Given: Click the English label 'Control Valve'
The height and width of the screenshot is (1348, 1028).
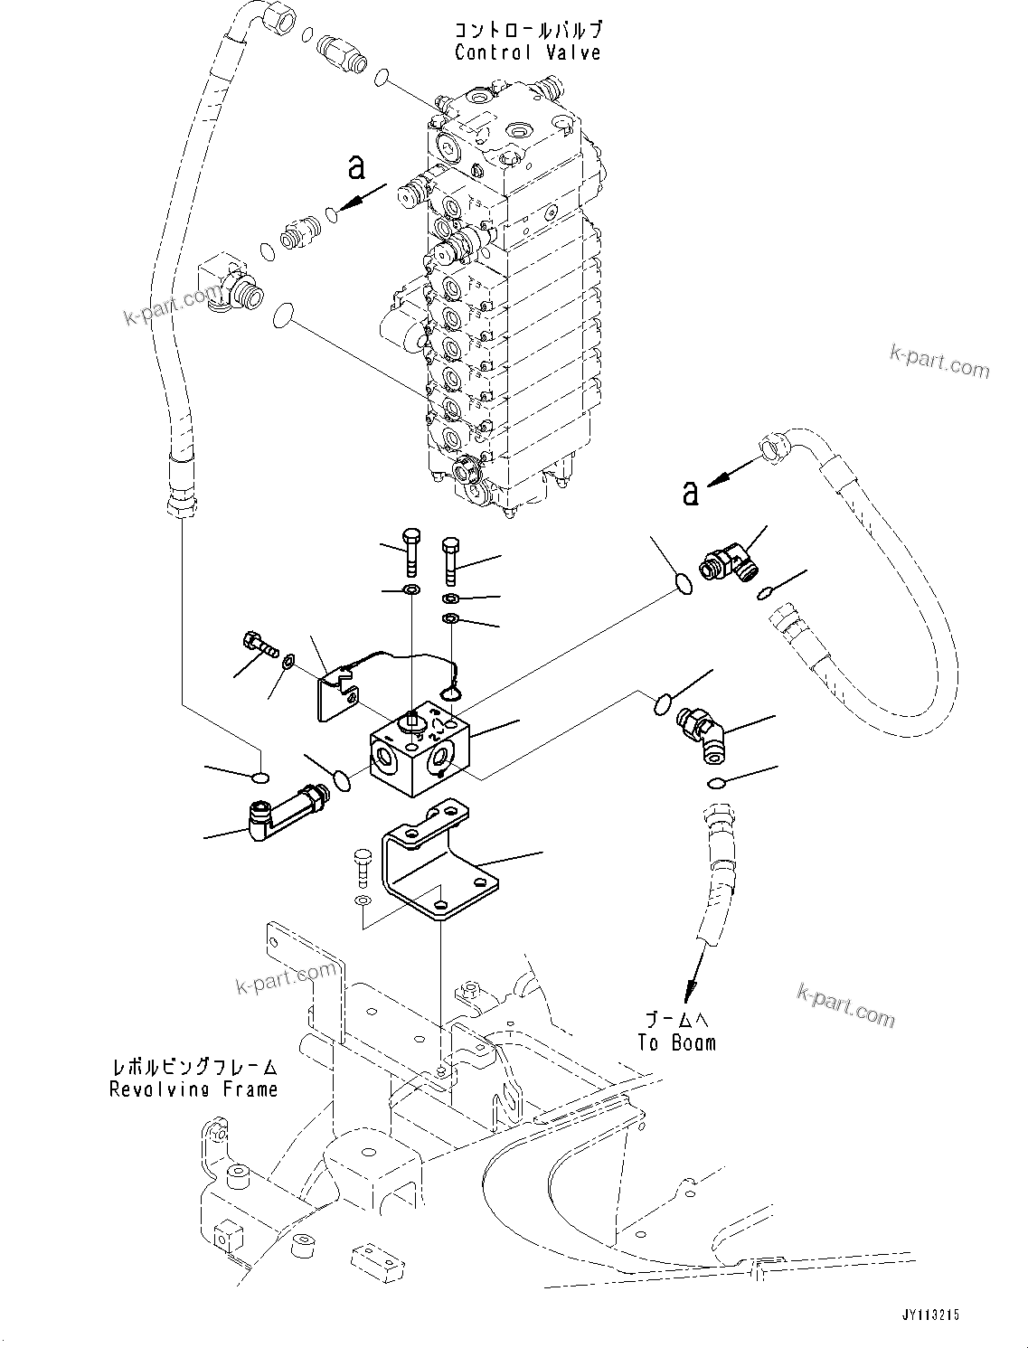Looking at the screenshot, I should click(x=527, y=52).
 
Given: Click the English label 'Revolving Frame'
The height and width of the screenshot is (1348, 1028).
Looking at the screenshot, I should click(x=193, y=1089).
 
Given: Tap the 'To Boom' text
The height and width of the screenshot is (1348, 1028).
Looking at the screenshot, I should click(x=676, y=1042).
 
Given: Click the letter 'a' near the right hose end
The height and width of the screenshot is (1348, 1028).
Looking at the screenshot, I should click(x=691, y=494).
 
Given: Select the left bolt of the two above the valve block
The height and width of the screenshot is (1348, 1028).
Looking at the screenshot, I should click(x=410, y=548).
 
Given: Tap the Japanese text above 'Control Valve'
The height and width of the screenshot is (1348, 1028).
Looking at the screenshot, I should click(x=527, y=30).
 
